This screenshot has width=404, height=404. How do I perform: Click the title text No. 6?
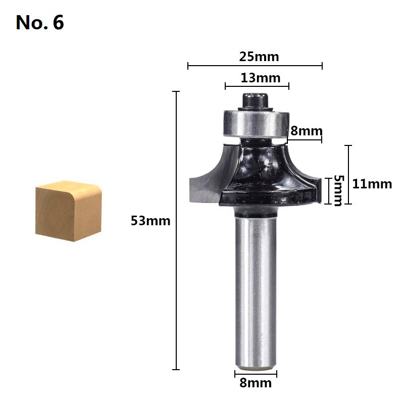(40, 22)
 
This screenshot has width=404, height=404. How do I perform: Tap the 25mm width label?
(259, 57)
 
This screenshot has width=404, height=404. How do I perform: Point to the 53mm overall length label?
(150, 221)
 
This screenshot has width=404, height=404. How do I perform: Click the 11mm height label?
(372, 184)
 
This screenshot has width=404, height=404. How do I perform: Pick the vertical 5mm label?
(338, 190)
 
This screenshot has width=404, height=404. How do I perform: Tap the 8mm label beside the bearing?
(306, 131)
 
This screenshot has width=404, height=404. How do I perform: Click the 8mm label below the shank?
(256, 383)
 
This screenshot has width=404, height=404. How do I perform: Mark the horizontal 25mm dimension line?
(255, 66)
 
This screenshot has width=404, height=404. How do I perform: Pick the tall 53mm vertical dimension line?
(176, 230)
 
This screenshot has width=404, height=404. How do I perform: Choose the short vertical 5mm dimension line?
(328, 190)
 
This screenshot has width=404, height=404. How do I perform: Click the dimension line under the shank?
(256, 374)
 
